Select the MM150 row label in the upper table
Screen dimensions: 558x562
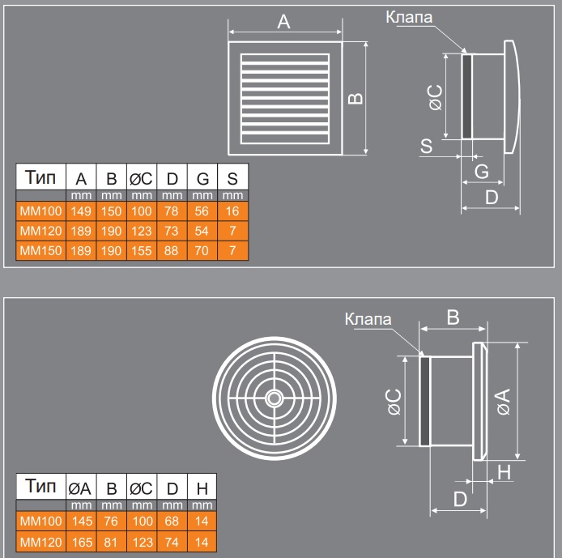pos(40,251)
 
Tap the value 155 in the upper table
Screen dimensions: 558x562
pos(142,251)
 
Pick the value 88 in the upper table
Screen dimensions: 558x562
pos(172,251)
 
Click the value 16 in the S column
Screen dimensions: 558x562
pos(232,212)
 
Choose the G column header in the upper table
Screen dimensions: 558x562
pos(202,178)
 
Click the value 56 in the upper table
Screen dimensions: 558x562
pos(202,212)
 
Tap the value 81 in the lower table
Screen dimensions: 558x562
pos(112,541)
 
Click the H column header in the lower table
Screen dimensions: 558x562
pos(201,488)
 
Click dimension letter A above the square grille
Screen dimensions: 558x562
pos(283,23)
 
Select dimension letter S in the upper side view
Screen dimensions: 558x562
pos(426,146)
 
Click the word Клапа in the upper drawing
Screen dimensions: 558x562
pos(410,16)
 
